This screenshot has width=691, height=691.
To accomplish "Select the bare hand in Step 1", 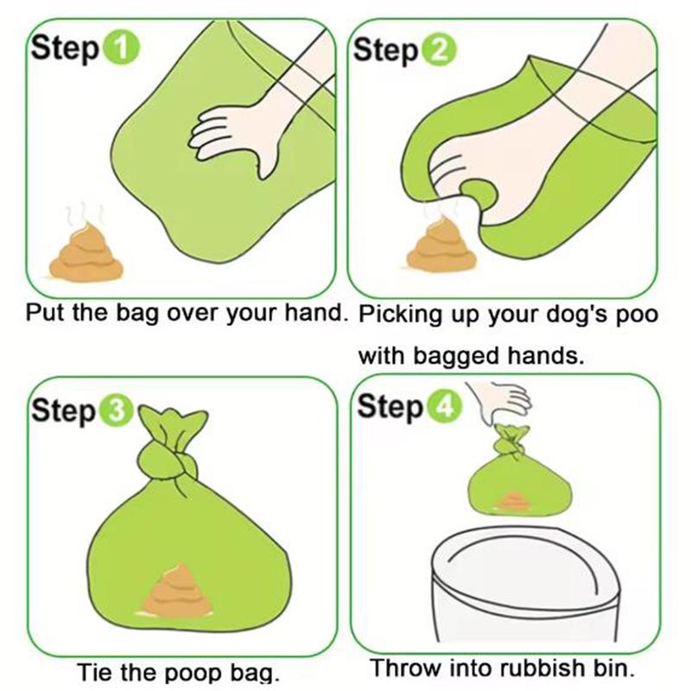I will click(233, 130).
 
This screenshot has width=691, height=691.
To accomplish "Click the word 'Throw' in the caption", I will click(402, 668).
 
